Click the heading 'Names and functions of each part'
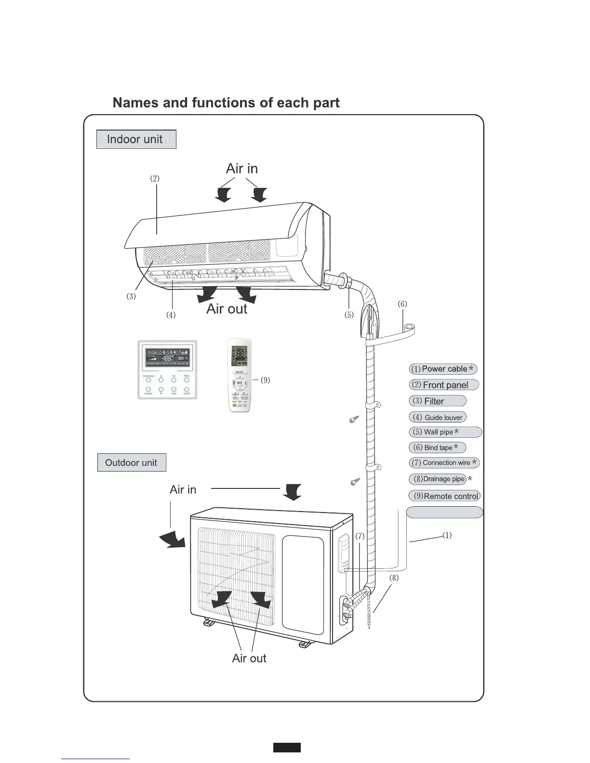(x=226, y=103)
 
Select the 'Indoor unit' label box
(x=136, y=140)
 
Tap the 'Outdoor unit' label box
(x=131, y=463)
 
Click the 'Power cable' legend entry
(x=443, y=369)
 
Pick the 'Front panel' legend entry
(x=443, y=385)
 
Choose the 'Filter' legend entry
(x=437, y=401)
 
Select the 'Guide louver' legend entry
(x=438, y=418)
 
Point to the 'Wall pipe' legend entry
(x=444, y=432)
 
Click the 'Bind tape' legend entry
(x=437, y=447)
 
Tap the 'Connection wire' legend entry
(x=444, y=463)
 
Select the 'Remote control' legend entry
(x=444, y=496)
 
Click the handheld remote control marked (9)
(x=240, y=375)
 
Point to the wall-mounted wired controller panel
(x=167, y=369)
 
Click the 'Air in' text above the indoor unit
(x=242, y=169)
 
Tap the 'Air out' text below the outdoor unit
(x=249, y=658)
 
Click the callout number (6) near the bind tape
(x=402, y=304)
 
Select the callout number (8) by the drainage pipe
(x=394, y=578)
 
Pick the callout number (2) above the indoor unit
(x=154, y=178)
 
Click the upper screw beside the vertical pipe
(x=354, y=420)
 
